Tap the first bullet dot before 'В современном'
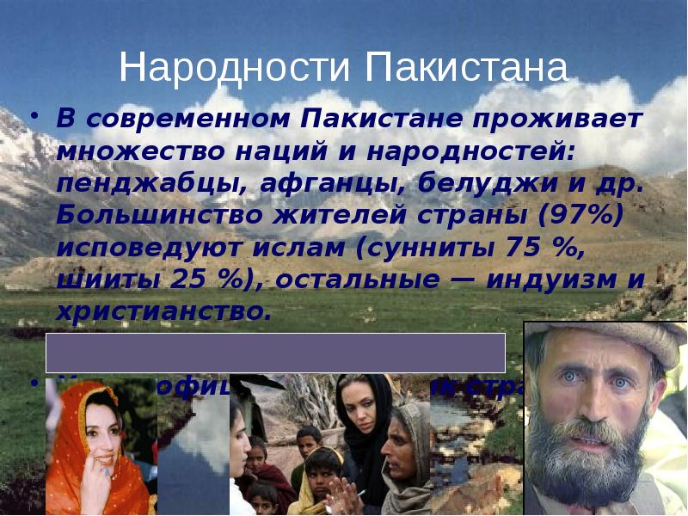coord(36,115)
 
